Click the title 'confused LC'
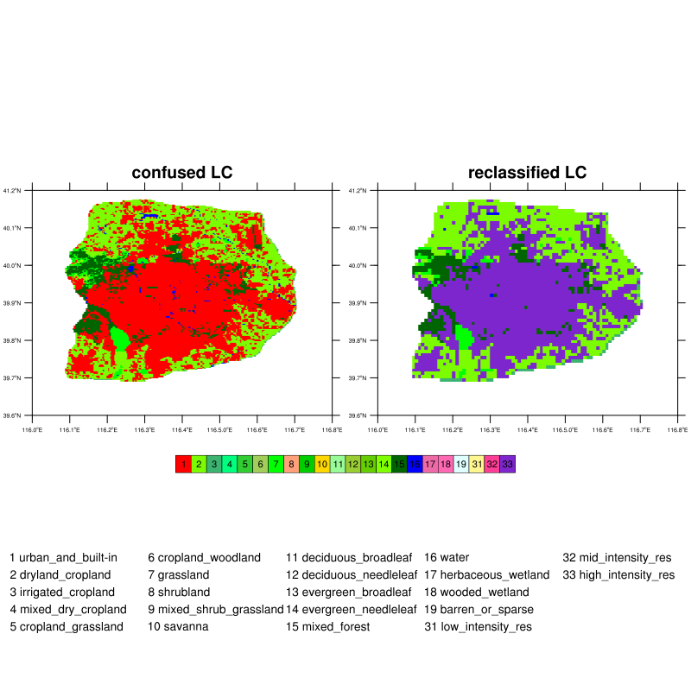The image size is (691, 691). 182,173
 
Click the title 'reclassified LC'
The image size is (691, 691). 527,173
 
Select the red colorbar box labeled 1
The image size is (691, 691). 183,464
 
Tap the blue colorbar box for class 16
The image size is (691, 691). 415,464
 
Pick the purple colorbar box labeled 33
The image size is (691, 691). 508,464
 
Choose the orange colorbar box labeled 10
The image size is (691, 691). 322,464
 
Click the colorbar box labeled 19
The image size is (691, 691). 461,464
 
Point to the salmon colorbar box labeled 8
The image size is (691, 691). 291,464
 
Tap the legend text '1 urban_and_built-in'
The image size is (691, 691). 63,558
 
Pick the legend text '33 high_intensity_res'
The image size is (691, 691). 618,575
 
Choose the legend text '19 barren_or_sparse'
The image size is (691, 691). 479,610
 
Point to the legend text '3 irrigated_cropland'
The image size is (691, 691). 62,593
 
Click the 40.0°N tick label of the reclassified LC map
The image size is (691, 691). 361,265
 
